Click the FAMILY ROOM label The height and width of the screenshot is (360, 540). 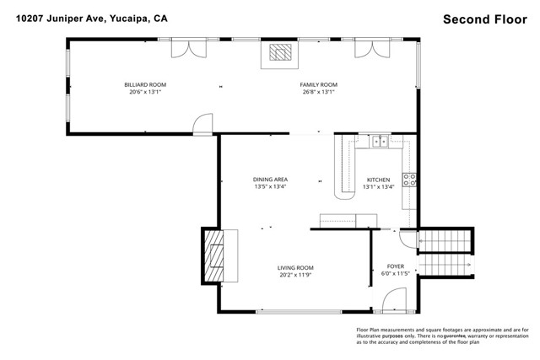tap(318, 84)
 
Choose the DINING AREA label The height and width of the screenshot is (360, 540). tap(271, 179)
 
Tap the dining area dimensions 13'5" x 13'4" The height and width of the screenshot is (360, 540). tap(271, 186)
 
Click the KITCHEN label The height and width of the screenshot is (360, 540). tap(377, 179)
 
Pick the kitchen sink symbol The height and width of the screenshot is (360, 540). tap(381, 142)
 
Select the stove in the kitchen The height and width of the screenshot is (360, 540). tap(409, 179)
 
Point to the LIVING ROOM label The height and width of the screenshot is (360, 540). tap(295, 268)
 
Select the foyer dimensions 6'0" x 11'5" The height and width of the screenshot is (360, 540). tap(396, 274)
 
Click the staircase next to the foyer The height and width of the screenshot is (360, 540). tap(446, 252)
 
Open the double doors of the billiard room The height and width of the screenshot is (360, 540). tap(187, 48)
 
